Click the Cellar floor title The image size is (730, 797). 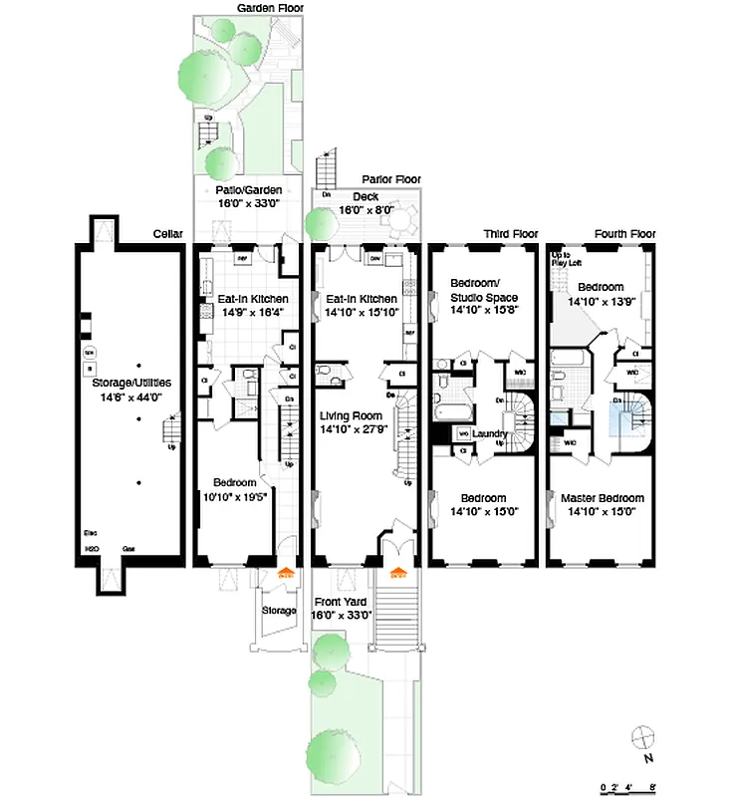tap(166, 234)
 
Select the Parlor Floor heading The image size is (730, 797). tap(390, 179)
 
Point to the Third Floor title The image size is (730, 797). tap(510, 234)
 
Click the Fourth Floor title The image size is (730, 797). tap(624, 234)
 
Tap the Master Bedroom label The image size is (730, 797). tap(602, 498)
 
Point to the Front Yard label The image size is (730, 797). tap(343, 602)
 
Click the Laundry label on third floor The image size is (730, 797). tap(490, 434)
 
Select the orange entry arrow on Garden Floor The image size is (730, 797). tap(285, 573)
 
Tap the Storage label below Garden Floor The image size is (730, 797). tap(279, 610)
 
